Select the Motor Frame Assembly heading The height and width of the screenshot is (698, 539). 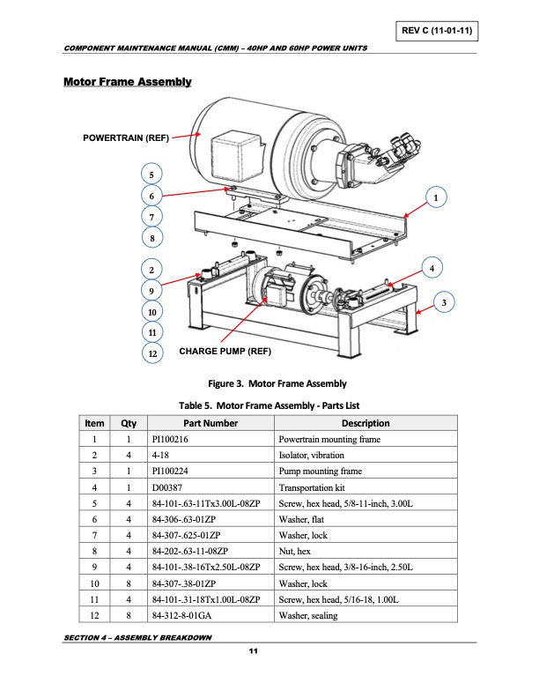click(x=128, y=83)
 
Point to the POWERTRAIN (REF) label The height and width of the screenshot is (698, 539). click(x=125, y=137)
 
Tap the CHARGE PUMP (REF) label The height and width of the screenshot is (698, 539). click(x=225, y=352)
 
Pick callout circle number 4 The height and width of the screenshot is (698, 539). click(x=432, y=266)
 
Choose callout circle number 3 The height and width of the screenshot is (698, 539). click(x=447, y=303)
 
